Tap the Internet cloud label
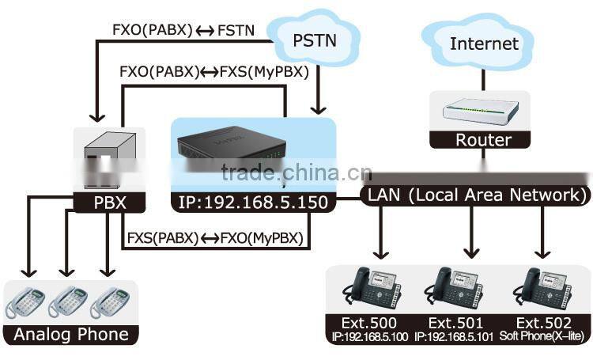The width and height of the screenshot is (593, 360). (484, 43)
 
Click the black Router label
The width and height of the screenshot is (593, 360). (483, 141)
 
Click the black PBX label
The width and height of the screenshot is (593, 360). (99, 203)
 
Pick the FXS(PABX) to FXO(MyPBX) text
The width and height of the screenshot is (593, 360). (214, 236)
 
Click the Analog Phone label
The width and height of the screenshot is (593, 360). (70, 334)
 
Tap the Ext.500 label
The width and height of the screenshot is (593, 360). (372, 323)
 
